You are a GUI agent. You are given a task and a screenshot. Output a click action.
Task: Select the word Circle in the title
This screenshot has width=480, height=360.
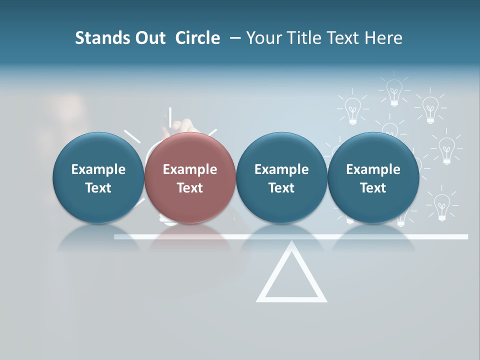197,38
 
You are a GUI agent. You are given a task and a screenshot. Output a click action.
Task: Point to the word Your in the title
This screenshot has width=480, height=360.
262,38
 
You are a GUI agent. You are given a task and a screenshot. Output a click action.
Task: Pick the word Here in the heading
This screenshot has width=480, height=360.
383,38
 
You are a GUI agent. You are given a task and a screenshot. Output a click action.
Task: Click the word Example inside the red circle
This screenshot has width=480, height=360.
190,169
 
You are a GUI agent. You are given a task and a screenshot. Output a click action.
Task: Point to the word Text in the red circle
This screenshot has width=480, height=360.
190,188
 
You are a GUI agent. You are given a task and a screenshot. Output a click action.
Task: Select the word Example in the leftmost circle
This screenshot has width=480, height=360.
98,169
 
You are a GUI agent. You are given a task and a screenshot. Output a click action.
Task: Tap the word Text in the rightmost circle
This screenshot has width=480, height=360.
373,188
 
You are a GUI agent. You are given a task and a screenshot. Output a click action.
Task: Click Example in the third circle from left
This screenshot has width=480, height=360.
281,169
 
